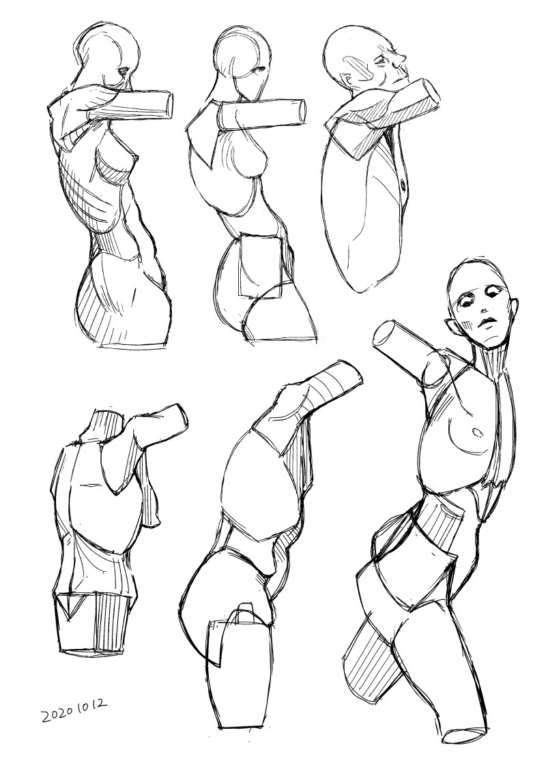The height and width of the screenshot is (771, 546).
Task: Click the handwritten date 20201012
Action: tap(74, 711)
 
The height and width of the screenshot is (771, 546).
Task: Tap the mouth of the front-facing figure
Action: tap(489, 321)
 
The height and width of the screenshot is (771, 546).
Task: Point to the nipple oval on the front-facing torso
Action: tap(477, 432)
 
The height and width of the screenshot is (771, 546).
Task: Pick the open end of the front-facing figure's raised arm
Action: tap(384, 337)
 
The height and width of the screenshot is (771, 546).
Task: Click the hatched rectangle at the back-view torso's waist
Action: tap(114, 622)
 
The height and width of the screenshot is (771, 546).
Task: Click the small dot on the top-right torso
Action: tap(404, 185)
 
